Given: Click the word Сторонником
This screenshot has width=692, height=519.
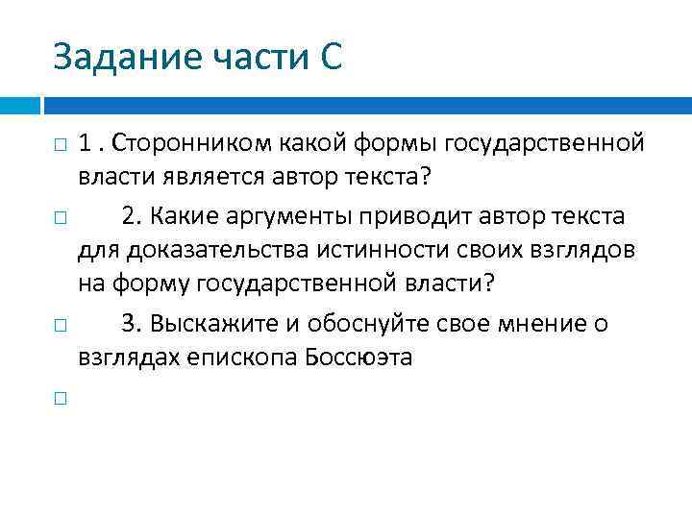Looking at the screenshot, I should [192, 144].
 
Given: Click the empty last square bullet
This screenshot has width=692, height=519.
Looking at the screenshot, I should [59, 398].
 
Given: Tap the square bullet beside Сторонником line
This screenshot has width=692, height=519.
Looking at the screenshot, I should [59, 146].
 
